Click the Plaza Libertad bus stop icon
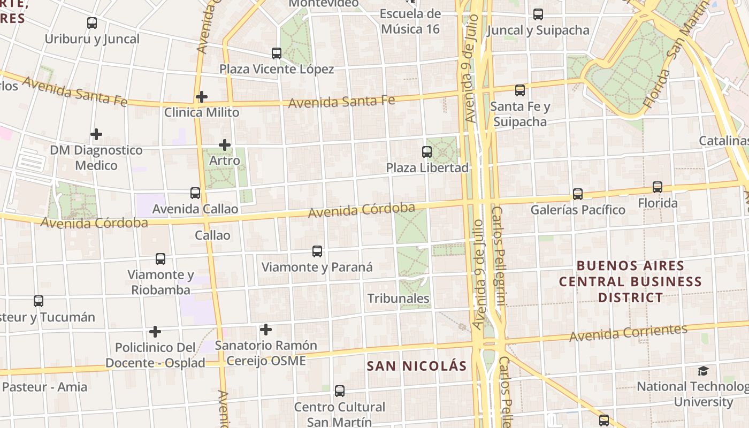click(426, 152)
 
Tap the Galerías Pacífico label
click(577, 210)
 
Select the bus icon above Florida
click(657, 187)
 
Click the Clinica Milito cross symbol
click(201, 97)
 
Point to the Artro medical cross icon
click(225, 145)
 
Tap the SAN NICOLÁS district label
click(417, 366)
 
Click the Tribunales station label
click(398, 299)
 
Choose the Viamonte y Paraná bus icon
click(317, 251)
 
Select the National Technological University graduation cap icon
click(703, 371)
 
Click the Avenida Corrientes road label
click(628, 333)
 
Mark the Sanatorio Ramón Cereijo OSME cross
click(265, 330)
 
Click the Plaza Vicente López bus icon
click(277, 53)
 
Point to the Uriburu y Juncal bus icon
click(92, 23)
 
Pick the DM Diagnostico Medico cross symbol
click(96, 134)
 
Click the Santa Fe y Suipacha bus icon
click(520, 90)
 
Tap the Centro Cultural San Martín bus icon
click(339, 391)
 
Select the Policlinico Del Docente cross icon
click(155, 332)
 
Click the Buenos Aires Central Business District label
click(630, 281)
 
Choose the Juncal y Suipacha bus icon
click(538, 14)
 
